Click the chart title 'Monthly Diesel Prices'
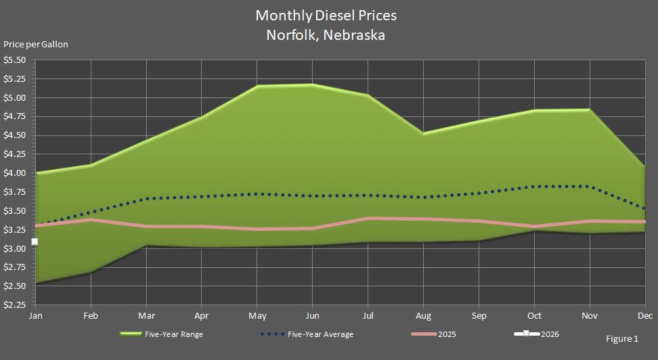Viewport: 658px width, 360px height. [x=326, y=15]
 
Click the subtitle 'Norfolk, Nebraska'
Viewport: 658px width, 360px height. [x=326, y=35]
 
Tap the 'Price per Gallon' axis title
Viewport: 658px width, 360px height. [x=36, y=45]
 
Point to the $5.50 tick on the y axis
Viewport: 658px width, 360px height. [x=15, y=60]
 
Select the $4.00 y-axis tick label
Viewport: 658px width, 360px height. [x=15, y=173]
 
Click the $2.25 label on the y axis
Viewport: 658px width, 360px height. [x=15, y=305]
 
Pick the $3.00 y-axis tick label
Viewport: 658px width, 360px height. [x=15, y=248]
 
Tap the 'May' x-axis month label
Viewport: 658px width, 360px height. [x=257, y=316]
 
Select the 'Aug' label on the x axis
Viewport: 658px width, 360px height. [x=423, y=316]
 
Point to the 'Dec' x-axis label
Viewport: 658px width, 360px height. [x=644, y=316]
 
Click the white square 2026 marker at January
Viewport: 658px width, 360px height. [x=35, y=242]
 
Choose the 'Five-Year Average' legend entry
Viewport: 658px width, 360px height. [x=320, y=334]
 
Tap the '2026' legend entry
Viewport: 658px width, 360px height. [x=550, y=334]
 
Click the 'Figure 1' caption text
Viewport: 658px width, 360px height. [x=621, y=338]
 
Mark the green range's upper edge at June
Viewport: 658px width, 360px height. [x=312, y=85]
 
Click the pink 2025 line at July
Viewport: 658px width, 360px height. [x=368, y=218]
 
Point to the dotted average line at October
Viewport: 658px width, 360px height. [x=534, y=186]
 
